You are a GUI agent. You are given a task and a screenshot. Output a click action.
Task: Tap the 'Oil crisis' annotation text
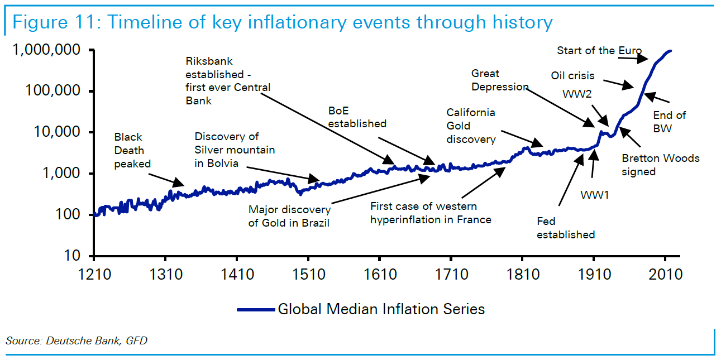click(572, 75)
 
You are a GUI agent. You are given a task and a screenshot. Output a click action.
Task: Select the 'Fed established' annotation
click(566, 228)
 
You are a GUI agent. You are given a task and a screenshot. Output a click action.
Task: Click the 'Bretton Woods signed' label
click(660, 165)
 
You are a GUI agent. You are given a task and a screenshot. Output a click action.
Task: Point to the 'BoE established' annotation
click(357, 117)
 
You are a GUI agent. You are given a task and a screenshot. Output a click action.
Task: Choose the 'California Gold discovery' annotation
click(471, 126)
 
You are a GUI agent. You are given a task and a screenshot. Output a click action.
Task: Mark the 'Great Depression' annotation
click(499, 80)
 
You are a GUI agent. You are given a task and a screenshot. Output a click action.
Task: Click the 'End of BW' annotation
click(669, 122)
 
